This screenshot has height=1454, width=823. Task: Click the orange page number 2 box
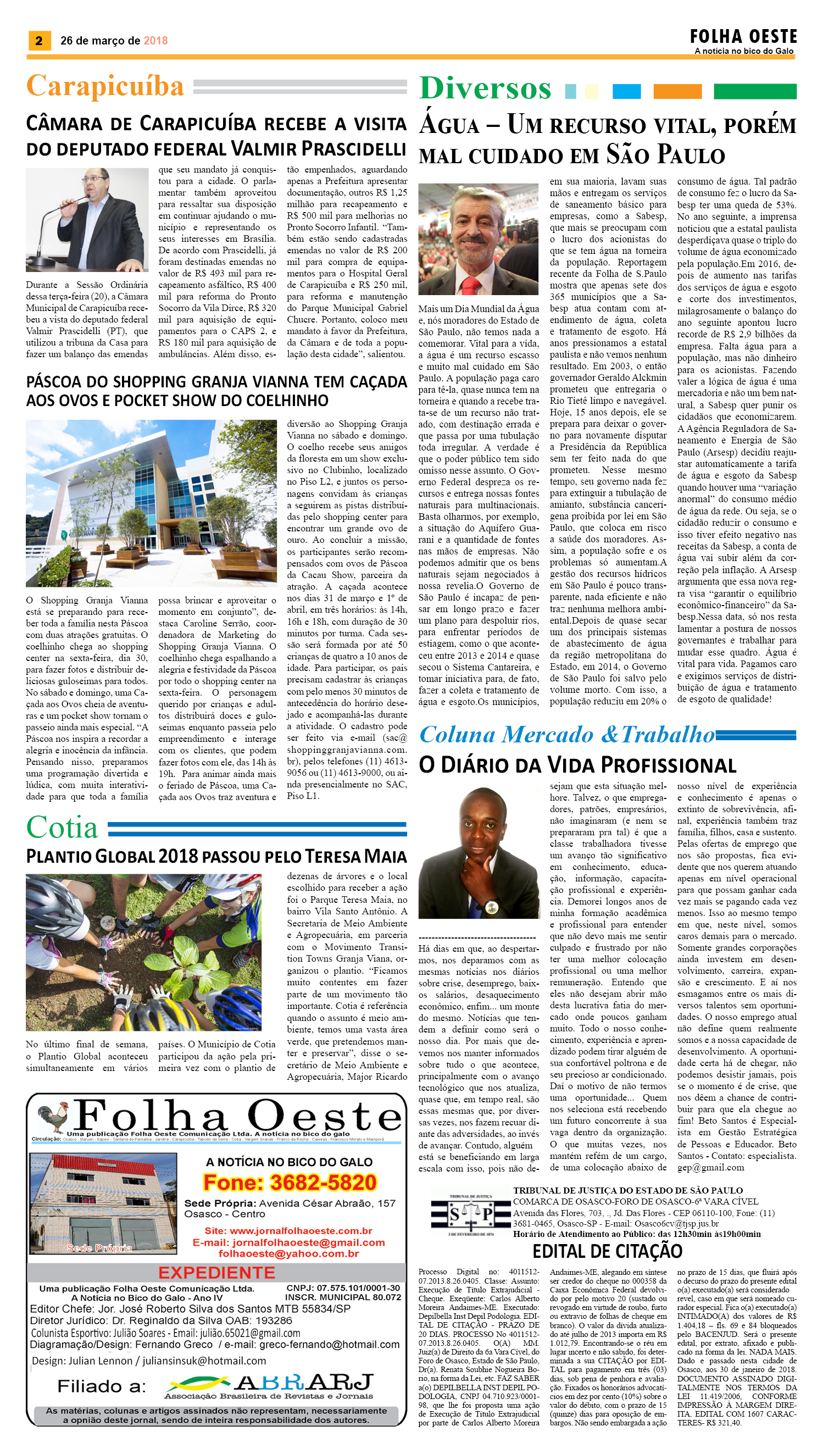38,41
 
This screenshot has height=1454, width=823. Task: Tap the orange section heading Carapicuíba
105,86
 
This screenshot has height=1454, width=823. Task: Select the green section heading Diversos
485,89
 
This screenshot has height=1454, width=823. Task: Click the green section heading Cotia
62,828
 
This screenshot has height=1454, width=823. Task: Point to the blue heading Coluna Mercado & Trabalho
567,734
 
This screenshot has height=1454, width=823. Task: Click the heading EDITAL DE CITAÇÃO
607,1251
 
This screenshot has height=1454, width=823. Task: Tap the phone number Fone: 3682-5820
290,1182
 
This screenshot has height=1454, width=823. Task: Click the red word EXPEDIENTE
216,1273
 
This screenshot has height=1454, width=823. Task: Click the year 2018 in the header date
155,41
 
